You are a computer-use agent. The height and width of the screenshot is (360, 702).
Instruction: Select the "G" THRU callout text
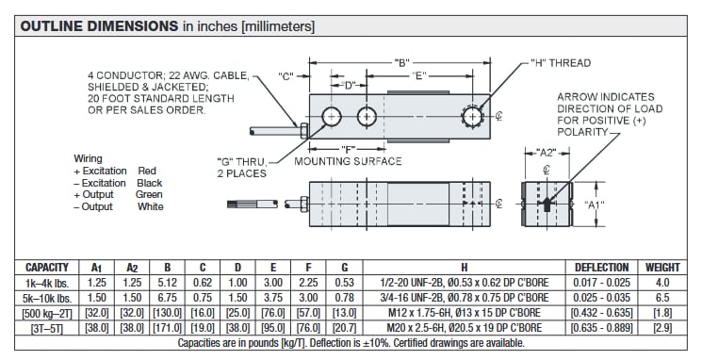(244, 161)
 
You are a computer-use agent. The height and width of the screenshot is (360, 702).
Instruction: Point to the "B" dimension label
(401, 62)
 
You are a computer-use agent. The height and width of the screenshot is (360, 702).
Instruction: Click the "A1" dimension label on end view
(595, 205)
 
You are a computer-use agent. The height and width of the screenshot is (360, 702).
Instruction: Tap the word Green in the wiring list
(150, 195)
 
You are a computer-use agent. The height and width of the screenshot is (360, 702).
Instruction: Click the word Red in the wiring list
(147, 171)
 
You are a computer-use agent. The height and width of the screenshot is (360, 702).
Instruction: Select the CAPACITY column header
(47, 268)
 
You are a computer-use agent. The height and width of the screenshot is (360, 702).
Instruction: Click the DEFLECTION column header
(602, 268)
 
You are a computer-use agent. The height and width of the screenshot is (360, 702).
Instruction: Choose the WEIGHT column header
(662, 268)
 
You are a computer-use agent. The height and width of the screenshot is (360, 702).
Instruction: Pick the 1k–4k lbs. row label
(47, 282)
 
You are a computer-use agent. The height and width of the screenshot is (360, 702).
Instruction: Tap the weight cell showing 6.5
(662, 297)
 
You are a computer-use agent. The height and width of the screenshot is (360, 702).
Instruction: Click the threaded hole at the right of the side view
(471, 117)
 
